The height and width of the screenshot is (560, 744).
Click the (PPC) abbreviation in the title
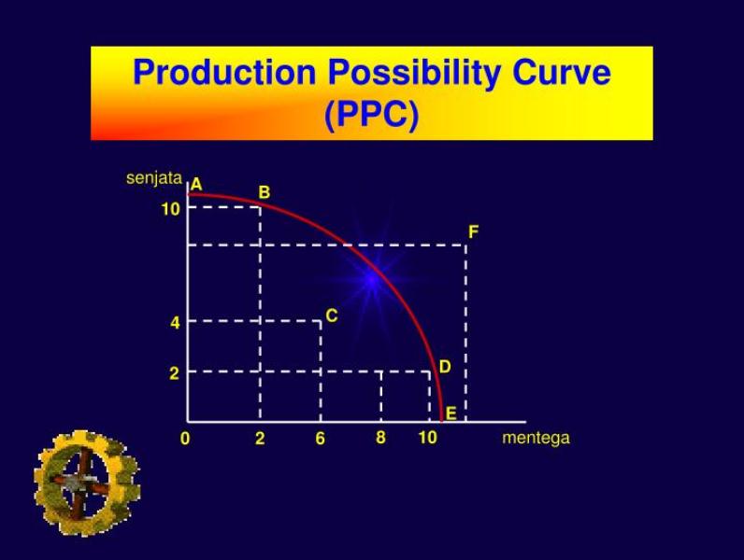point(371,115)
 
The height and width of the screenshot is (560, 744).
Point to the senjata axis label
point(153,177)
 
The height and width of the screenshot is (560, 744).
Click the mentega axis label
point(536,438)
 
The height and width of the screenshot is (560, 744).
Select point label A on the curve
point(196,185)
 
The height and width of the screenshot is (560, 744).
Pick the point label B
point(265,192)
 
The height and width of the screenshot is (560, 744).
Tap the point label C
point(331,317)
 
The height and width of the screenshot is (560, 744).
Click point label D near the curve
point(445,367)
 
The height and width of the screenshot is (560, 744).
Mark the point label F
point(474,231)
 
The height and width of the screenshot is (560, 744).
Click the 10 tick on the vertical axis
point(170,209)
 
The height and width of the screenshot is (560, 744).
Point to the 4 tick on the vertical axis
point(175,323)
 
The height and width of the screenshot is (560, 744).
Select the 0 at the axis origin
point(186,438)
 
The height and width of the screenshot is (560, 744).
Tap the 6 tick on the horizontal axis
point(320,439)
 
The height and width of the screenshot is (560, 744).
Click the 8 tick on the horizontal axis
point(380,438)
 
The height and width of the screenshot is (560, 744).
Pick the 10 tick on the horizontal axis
point(427,438)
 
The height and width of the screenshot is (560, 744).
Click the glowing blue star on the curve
point(373,277)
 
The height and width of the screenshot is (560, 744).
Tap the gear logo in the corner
point(86,483)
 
